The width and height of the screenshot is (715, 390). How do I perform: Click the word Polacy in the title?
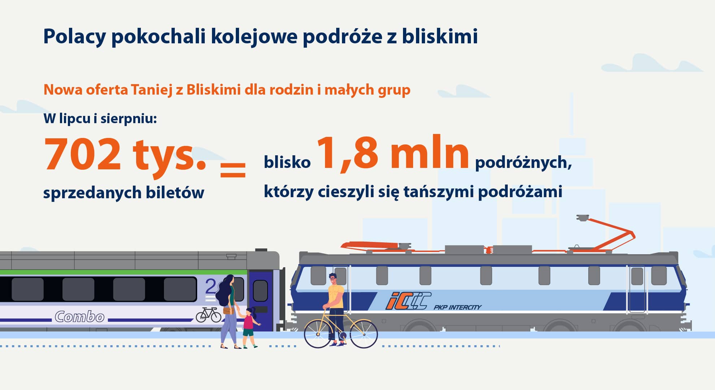(x=75, y=37)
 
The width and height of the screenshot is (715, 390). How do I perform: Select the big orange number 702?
(x=82, y=154)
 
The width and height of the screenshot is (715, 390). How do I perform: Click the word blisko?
(x=287, y=162)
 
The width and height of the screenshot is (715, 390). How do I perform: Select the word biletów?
(x=175, y=192)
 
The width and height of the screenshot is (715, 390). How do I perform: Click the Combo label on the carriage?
(x=80, y=317)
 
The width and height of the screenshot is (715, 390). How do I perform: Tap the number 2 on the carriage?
(x=211, y=286)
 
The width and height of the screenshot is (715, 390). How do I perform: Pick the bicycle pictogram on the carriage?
(x=208, y=315)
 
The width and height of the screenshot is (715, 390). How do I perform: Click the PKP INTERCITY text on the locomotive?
(x=458, y=307)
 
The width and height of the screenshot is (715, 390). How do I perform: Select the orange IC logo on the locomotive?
(x=408, y=301)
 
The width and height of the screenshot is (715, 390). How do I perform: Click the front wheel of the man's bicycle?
(x=318, y=334)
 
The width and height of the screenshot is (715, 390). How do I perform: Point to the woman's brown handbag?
(x=227, y=310)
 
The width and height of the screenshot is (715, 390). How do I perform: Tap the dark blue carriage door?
(x=260, y=300)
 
